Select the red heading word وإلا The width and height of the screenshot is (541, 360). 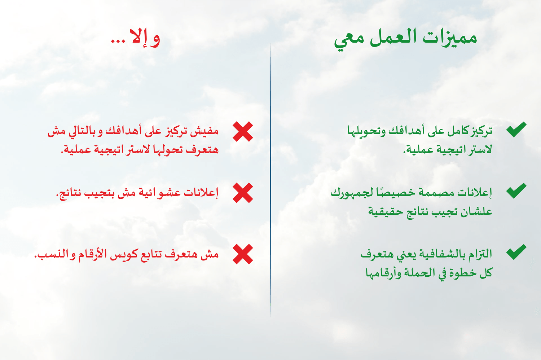[145, 38]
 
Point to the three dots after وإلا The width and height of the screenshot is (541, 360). [118, 41]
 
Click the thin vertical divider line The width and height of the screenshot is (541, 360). [270, 180]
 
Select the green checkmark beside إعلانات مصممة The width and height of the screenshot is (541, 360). [516, 190]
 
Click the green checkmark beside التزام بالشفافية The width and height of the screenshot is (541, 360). [516, 252]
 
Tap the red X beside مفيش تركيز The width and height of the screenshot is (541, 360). [243, 131]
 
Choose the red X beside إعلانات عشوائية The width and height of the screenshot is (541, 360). [243, 193]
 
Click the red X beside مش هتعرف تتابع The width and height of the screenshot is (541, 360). [243, 254]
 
